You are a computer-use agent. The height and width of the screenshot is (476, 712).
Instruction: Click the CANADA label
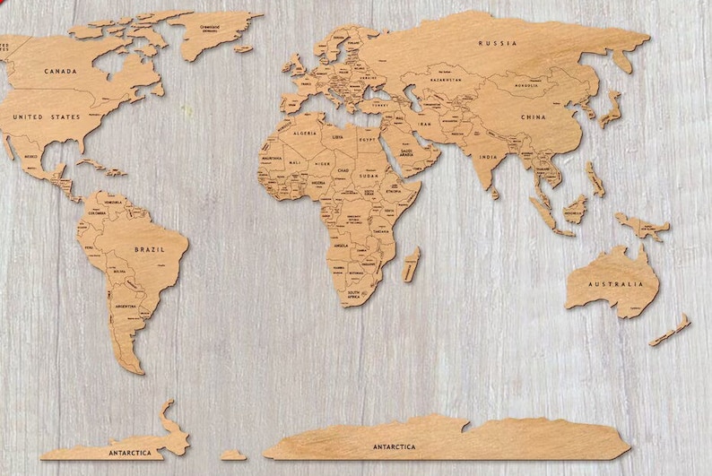tap(60, 71)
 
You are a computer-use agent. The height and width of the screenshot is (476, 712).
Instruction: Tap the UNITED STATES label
tap(46, 117)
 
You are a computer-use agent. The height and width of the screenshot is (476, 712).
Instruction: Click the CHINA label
tap(534, 117)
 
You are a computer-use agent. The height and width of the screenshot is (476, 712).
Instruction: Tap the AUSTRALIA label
tap(615, 284)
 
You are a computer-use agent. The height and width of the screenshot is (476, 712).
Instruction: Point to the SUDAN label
tap(369, 177)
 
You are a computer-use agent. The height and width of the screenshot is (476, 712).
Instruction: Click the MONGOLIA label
tap(526, 86)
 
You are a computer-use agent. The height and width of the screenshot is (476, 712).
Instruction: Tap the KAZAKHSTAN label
tap(446, 80)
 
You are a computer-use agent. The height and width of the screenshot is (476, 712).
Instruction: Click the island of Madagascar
tap(412, 264)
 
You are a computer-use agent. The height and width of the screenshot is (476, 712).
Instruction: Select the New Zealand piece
tap(670, 330)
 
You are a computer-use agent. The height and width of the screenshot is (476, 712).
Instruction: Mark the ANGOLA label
tap(340, 244)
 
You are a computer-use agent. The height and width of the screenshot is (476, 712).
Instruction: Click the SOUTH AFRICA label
tap(354, 293)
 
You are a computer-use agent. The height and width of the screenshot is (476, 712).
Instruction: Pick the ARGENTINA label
tap(125, 306)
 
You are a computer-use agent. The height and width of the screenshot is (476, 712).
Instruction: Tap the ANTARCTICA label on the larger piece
tap(394, 446)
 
